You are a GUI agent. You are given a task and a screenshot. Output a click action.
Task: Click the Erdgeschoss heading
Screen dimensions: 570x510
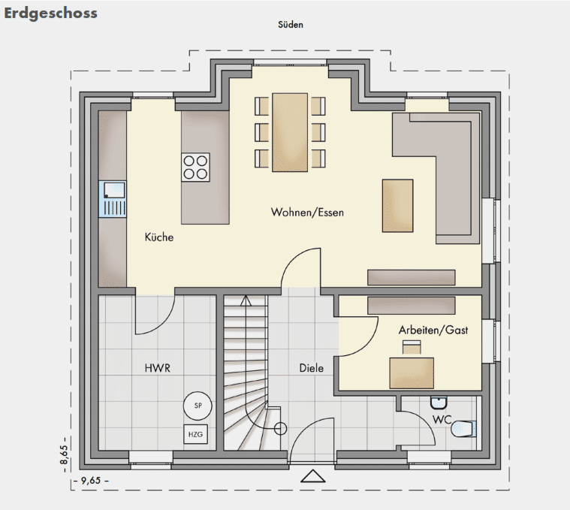click(50, 14)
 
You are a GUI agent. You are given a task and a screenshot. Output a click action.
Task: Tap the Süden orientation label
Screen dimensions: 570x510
click(291, 25)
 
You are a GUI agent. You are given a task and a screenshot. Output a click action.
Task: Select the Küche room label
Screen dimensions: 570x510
click(159, 237)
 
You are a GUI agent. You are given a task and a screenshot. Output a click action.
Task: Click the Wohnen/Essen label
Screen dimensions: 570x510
click(307, 213)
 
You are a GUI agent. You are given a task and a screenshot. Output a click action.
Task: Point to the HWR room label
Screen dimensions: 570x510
click(158, 368)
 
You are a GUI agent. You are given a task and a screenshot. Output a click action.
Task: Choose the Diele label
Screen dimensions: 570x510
click(311, 368)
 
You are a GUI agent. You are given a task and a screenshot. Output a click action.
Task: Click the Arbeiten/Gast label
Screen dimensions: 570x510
click(433, 330)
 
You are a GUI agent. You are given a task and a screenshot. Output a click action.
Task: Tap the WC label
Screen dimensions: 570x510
click(442, 419)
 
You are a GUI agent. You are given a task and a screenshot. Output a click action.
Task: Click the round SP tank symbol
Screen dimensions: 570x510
click(198, 406)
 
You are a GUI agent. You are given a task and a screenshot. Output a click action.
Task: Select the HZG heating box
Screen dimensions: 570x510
click(195, 434)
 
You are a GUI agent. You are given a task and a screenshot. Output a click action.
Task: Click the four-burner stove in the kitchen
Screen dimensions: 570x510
click(195, 167)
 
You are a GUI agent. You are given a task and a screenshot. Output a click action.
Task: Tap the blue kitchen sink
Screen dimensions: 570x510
click(113, 199)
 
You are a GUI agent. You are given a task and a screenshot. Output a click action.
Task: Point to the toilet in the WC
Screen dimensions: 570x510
click(463, 429)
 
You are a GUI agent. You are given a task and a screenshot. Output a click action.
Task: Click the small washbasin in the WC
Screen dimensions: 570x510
click(439, 403)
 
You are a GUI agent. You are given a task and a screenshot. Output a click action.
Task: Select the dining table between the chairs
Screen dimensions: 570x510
click(290, 132)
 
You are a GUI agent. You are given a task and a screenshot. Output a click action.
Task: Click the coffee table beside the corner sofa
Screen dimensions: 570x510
click(398, 205)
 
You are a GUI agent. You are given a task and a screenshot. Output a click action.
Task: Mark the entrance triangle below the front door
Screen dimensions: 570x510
click(313, 476)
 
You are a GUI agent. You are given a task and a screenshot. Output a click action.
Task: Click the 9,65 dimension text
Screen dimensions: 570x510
click(91, 481)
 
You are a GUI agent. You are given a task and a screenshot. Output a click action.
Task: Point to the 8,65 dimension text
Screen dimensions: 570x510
click(65, 454)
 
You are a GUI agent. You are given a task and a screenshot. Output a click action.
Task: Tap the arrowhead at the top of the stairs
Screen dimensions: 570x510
click(246, 300)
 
